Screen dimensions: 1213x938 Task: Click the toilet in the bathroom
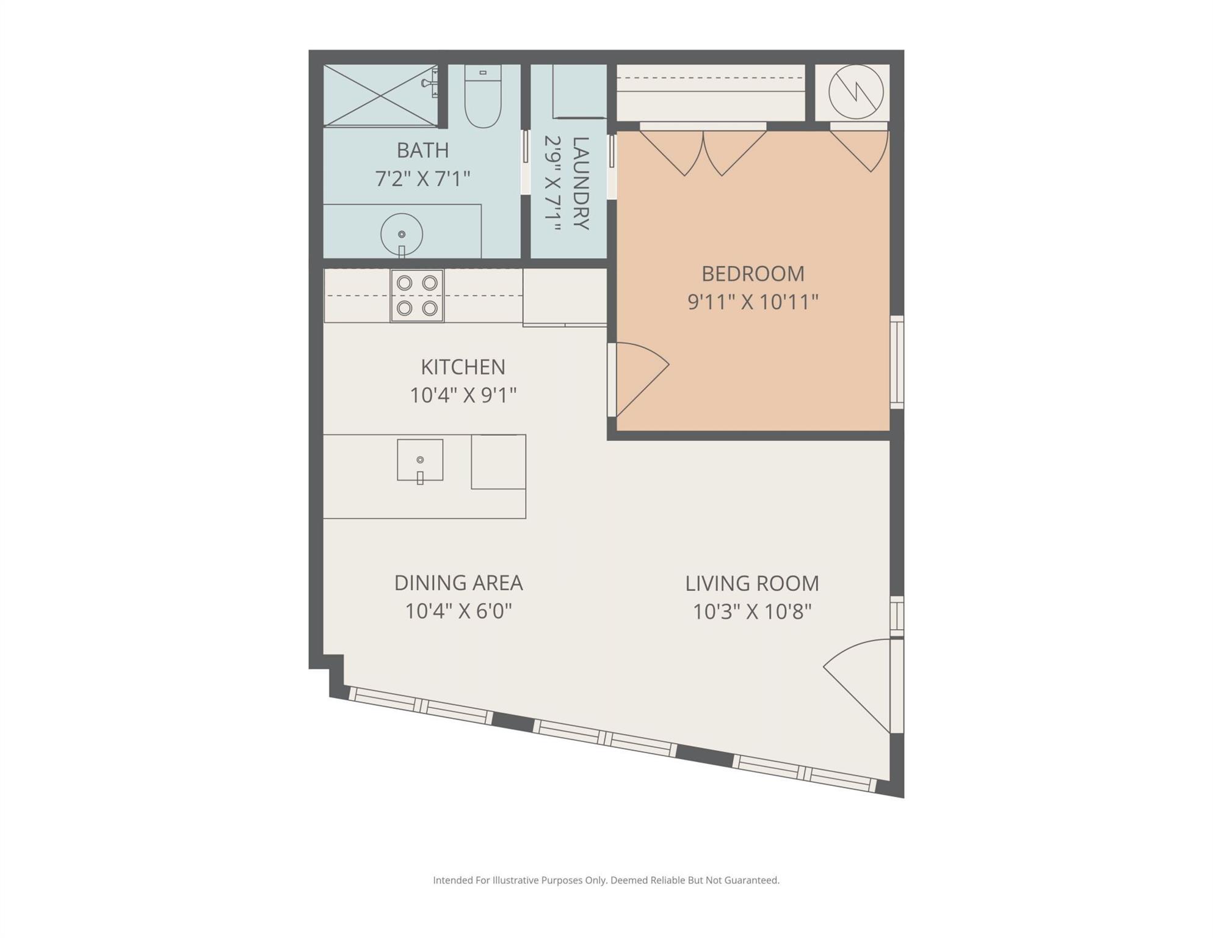pyautogui.click(x=483, y=96)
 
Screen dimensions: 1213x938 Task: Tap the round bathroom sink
pyautogui.click(x=402, y=234)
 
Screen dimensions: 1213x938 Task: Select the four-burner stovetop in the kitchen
pyautogui.click(x=417, y=296)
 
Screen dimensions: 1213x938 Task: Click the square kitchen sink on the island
pyautogui.click(x=420, y=460)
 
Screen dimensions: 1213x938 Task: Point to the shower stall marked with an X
pyautogui.click(x=380, y=95)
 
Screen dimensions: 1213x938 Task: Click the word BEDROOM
pyautogui.click(x=753, y=274)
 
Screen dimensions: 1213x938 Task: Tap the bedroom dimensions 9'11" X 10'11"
pyautogui.click(x=753, y=302)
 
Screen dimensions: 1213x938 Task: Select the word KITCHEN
pyautogui.click(x=463, y=367)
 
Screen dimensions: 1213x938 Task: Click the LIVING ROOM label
pyautogui.click(x=752, y=583)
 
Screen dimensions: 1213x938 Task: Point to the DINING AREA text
pyautogui.click(x=458, y=583)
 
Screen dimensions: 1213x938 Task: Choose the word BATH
pyautogui.click(x=422, y=150)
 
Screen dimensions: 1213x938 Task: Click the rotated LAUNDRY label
pyautogui.click(x=581, y=183)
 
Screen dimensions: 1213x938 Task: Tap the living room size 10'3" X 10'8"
pyautogui.click(x=752, y=611)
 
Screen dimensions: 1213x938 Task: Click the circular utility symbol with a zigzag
pyautogui.click(x=856, y=92)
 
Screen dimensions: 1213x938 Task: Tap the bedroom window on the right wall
pyautogui.click(x=897, y=362)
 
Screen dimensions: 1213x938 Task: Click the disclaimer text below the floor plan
pyautogui.click(x=606, y=880)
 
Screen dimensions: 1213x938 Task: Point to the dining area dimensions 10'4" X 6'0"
pyautogui.click(x=458, y=611)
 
